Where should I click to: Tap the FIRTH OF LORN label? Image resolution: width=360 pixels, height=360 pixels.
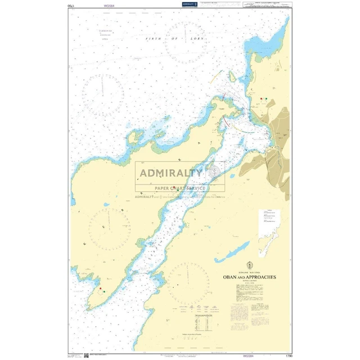[x=169, y=38]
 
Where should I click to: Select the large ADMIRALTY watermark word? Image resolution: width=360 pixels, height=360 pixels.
[x=171, y=173]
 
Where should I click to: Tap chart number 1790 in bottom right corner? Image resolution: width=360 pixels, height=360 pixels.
[x=289, y=355]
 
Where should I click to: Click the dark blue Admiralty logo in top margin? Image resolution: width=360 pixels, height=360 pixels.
[x=189, y=4]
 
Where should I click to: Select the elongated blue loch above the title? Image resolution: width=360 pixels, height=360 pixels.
[x=231, y=252]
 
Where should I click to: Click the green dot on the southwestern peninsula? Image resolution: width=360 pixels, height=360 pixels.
[x=104, y=292]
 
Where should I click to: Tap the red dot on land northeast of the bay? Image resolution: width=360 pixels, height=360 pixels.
[x=261, y=99]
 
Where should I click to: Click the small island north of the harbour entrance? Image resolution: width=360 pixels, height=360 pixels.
[x=232, y=77]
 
